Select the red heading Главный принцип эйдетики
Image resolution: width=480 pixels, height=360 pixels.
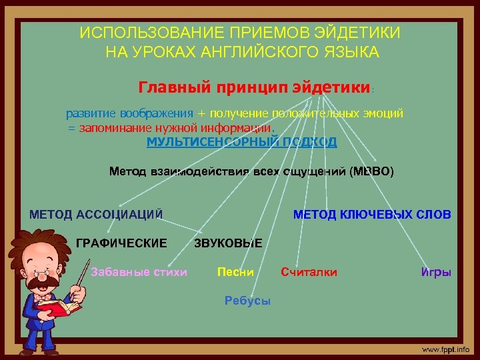253,87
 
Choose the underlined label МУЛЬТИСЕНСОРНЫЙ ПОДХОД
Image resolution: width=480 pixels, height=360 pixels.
241,142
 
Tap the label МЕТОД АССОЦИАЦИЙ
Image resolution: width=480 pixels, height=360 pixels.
96,214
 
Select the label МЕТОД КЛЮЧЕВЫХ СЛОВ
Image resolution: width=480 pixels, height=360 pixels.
372,214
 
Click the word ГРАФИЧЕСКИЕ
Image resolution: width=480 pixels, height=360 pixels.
121,243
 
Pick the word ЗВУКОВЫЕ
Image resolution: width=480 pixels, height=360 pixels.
228,243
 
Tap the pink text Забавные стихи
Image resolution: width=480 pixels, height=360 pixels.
139,271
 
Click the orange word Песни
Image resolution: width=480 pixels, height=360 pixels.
236,271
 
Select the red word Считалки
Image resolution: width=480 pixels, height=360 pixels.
309,271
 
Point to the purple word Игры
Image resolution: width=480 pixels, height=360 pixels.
436,271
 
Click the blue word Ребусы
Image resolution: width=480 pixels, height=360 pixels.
247,300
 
